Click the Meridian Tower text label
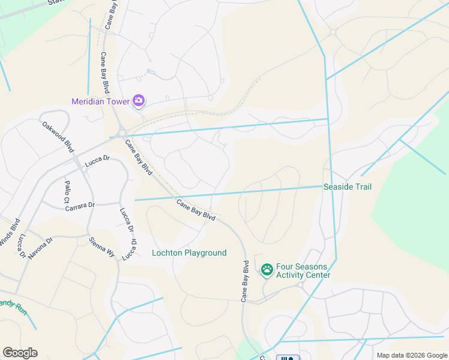[100, 101]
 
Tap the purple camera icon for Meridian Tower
[139, 101]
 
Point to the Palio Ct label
[68, 191]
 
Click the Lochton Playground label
[189, 253]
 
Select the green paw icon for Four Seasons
[267, 271]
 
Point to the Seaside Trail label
[348, 187]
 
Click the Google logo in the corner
[20, 353]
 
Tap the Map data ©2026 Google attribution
[412, 355]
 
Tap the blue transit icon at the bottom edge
[288, 358]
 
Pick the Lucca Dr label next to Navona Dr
[22, 246]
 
